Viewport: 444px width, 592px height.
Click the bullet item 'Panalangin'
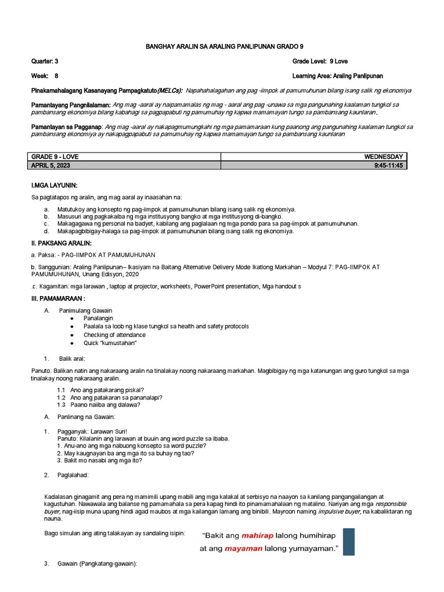(98, 319)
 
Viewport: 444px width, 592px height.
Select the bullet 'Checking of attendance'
(114, 335)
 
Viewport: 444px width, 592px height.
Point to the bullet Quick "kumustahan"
(110, 343)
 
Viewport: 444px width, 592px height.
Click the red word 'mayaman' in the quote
(243, 549)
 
